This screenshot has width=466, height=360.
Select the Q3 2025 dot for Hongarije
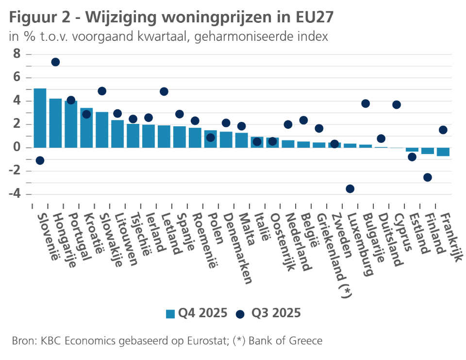pos(55,62)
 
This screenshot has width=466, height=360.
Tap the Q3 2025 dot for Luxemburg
pos(350,189)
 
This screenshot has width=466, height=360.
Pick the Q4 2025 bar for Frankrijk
pos(443,152)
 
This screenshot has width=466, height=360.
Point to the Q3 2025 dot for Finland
pos(428,177)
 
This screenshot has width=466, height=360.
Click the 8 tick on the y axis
pos(17,54)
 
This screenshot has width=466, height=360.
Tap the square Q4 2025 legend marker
pos(170,314)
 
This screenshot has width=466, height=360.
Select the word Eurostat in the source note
pos(210,341)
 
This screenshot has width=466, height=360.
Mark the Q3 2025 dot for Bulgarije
pos(366,103)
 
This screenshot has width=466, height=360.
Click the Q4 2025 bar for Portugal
pos(71,124)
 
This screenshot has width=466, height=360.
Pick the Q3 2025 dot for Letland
pos(164,91)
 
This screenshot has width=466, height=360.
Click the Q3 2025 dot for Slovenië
pos(40,160)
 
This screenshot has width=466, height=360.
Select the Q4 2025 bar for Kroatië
pos(86,128)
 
